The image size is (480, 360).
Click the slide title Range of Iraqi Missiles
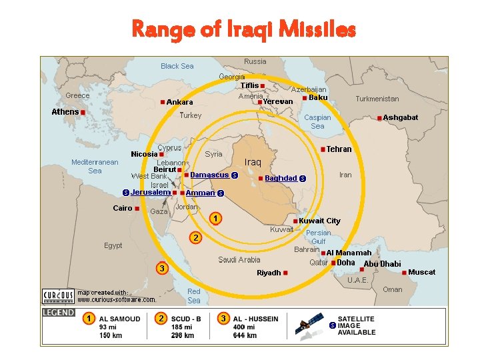tap(244, 29)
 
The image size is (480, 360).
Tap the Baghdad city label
tap(281, 178)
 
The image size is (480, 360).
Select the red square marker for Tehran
tap(323, 149)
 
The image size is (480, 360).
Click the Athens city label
tap(65, 112)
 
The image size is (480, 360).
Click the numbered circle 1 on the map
tap(215, 218)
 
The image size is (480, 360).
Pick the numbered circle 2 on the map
tap(195, 237)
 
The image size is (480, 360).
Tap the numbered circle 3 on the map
tap(161, 268)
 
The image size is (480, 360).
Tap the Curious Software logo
tap(58, 295)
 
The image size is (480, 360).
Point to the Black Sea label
tap(177, 66)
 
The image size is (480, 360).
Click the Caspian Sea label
tap(317, 121)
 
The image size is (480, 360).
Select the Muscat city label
tap(421, 272)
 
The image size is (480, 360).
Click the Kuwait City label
tap(319, 221)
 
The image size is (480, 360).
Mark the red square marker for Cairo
tap(137, 209)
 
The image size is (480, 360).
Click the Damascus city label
tap(209, 175)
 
